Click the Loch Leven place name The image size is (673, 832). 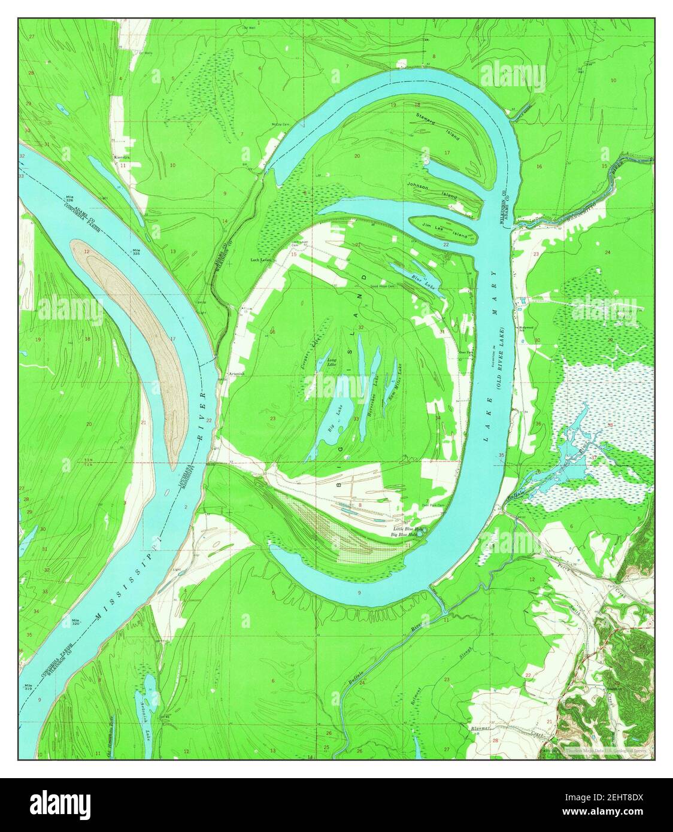[260, 260]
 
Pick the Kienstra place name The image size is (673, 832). [122, 157]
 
